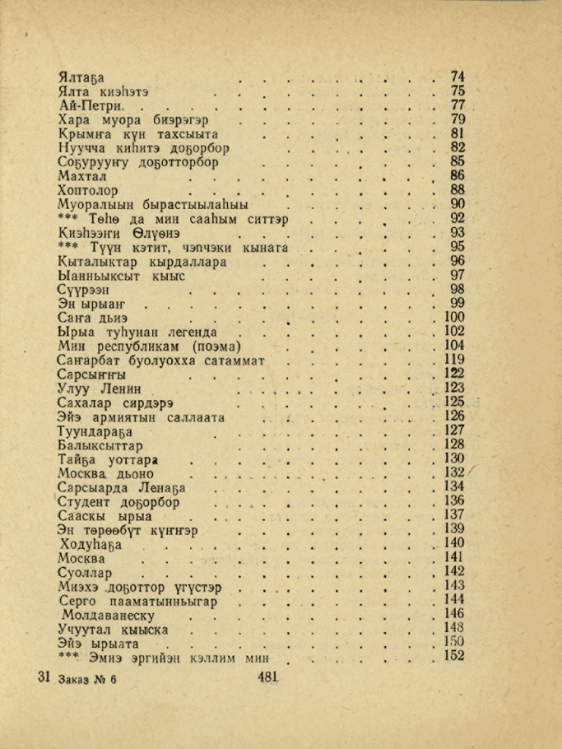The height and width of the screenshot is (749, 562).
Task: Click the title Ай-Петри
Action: tap(91, 106)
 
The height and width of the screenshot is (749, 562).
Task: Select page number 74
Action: tap(458, 77)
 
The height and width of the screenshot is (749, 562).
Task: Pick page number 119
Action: tap(453, 360)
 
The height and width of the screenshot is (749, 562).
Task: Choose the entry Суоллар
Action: tap(86, 572)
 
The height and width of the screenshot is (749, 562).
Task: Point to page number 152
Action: tap(454, 656)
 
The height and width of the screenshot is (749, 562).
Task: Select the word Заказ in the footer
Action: tap(68, 679)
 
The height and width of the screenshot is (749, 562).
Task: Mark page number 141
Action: tap(454, 557)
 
